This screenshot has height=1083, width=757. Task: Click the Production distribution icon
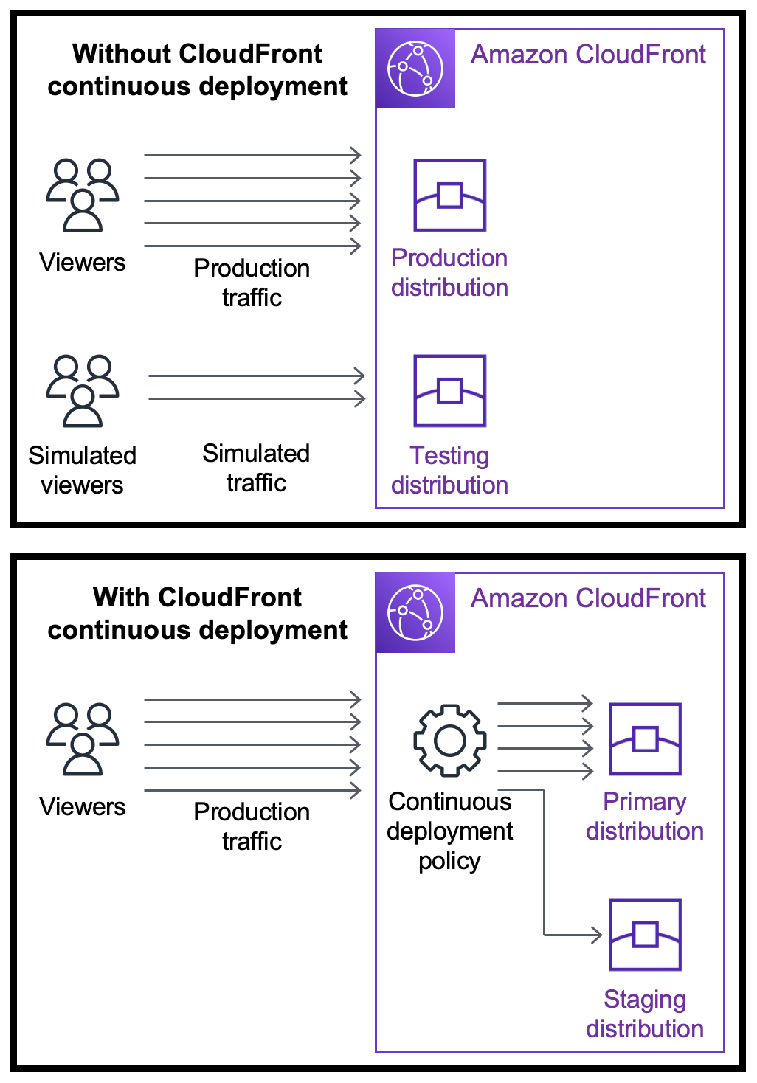(449, 196)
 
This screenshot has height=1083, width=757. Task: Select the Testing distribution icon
(449, 391)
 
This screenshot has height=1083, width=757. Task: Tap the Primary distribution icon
(645, 738)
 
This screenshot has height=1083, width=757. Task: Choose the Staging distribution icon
(645, 934)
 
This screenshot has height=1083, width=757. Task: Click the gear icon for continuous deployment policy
(449, 740)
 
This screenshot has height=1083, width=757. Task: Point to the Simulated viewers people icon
(83, 391)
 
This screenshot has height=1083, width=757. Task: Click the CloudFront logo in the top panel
(415, 69)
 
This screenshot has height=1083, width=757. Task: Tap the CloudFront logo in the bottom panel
(415, 613)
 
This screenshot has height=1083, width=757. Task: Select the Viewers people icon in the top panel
(83, 196)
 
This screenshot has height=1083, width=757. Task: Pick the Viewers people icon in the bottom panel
(83, 738)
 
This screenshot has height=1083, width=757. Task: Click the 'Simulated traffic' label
(256, 468)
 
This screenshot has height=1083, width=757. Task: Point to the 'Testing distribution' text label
(449, 470)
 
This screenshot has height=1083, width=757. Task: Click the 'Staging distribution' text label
(645, 1014)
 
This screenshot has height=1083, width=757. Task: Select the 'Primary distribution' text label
(645, 816)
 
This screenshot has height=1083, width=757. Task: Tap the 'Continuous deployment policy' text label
(449, 831)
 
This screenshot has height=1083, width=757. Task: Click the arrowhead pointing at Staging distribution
(597, 935)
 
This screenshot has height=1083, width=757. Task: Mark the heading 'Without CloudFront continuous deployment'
(197, 70)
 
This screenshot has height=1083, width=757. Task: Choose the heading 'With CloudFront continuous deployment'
(197, 614)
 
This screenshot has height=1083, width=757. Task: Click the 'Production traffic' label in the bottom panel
(252, 826)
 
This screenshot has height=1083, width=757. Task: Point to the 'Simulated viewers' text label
(83, 470)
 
